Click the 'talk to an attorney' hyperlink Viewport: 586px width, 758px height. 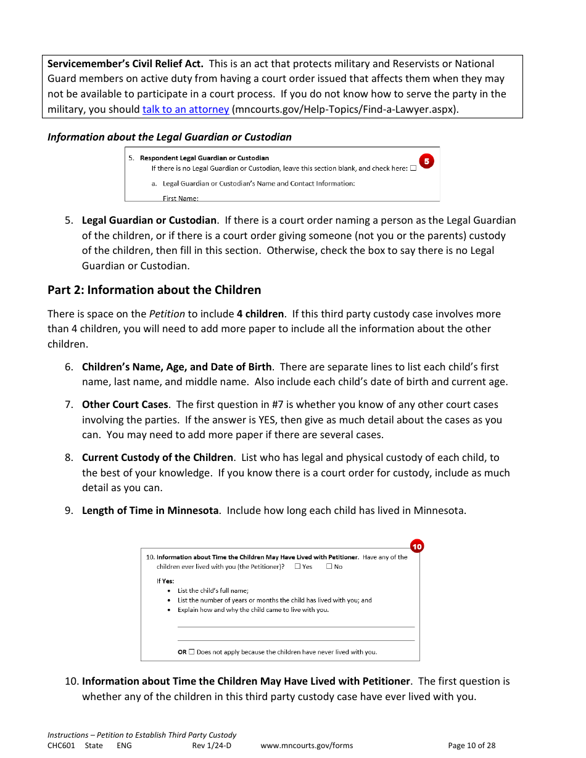(x=186, y=109)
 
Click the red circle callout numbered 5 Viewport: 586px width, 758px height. (x=427, y=161)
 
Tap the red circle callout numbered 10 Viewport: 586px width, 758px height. (x=417, y=546)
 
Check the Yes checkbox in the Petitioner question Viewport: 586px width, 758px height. (x=297, y=566)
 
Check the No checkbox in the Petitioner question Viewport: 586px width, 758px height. (x=329, y=566)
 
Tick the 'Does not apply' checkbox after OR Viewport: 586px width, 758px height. (x=191, y=651)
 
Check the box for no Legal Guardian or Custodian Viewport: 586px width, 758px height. (x=413, y=168)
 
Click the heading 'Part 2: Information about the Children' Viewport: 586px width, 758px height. (x=154, y=290)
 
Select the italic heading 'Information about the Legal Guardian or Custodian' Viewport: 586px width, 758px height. (x=170, y=137)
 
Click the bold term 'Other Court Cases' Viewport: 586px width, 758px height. (x=125, y=405)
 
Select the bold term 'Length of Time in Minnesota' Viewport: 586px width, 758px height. (x=151, y=510)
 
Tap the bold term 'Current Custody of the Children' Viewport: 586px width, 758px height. (x=158, y=457)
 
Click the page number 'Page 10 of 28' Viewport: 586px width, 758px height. (x=471, y=745)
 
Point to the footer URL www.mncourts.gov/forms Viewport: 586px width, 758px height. (x=307, y=745)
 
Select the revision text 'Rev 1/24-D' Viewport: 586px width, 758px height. (x=212, y=745)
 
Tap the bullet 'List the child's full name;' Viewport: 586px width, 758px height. (x=213, y=590)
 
